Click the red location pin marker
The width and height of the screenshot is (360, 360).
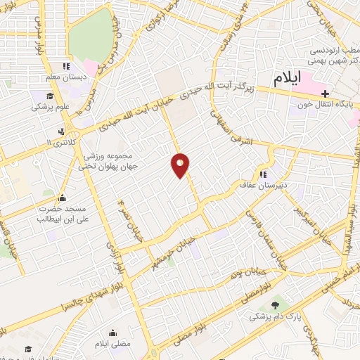[x=181, y=165]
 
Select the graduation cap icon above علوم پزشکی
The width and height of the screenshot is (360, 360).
[x=49, y=96]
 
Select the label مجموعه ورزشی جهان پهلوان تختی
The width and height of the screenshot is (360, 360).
[x=115, y=159]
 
